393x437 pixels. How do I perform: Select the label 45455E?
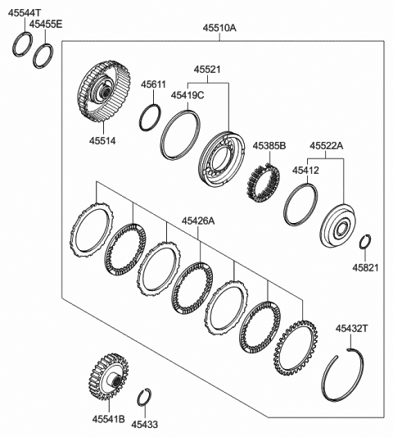pyautogui.click(x=46, y=25)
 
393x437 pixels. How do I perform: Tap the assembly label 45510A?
pyautogui.click(x=219, y=28)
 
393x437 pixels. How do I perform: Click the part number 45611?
pyautogui.click(x=152, y=84)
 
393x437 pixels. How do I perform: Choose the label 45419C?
pyautogui.click(x=187, y=95)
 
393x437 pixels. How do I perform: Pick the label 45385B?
pyautogui.click(x=269, y=147)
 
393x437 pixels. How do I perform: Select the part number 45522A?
pyautogui.click(x=326, y=146)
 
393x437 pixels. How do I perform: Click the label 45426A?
pyautogui.click(x=198, y=221)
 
